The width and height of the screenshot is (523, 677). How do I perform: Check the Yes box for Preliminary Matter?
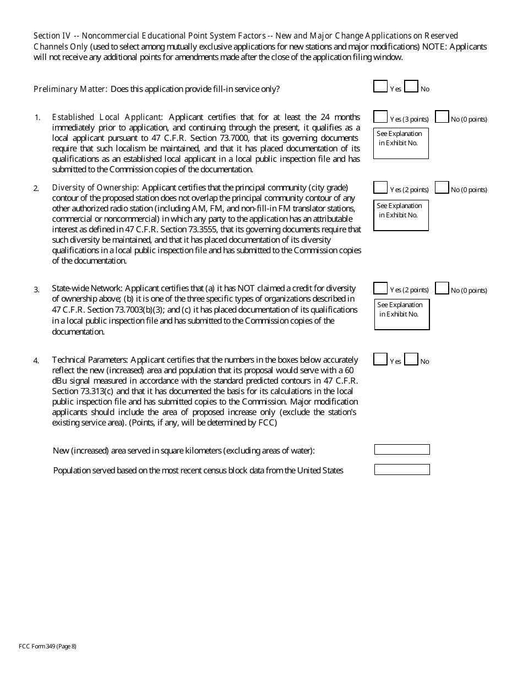click(380, 86)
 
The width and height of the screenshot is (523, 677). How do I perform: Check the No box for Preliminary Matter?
click(411, 86)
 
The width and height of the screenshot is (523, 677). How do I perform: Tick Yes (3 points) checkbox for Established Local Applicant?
click(380, 117)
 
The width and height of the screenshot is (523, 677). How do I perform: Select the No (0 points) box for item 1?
click(442, 117)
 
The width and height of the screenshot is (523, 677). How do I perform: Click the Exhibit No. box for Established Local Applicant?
click(401, 144)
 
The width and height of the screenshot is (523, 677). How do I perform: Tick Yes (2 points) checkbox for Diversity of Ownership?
click(380, 188)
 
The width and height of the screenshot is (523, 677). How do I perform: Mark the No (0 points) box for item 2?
click(442, 188)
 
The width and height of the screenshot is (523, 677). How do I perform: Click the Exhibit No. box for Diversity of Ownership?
click(401, 215)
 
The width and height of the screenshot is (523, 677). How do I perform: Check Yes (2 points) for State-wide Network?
click(380, 288)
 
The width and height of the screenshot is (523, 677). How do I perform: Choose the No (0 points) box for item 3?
click(442, 288)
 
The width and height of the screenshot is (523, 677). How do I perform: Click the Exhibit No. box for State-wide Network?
click(402, 314)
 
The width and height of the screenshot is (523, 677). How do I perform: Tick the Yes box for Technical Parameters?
click(380, 359)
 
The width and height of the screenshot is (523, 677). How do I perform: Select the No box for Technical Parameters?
click(411, 359)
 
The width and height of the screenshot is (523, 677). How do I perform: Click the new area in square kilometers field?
click(402, 450)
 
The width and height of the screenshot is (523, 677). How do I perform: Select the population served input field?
click(402, 469)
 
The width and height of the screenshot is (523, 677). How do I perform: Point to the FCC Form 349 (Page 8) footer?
click(47, 646)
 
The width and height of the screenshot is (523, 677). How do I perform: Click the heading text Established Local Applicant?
click(107, 117)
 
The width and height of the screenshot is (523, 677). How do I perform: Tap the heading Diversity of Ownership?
click(95, 188)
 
